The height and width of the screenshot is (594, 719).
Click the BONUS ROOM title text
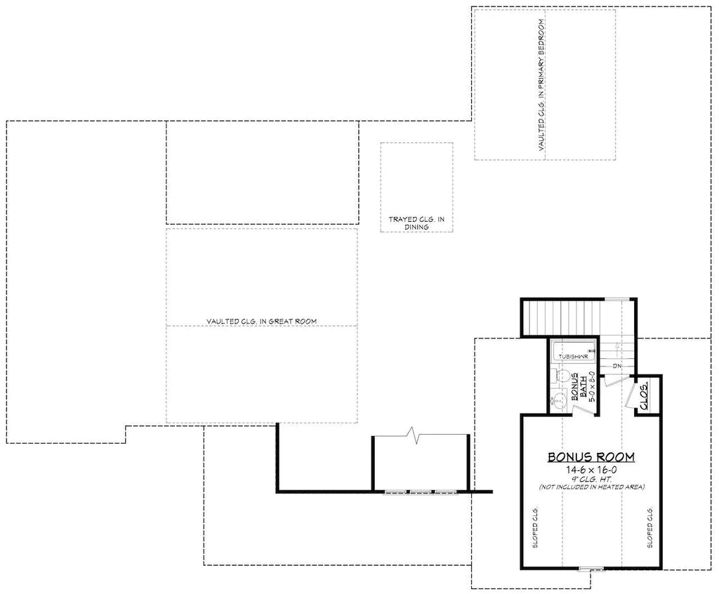pyautogui.click(x=591, y=457)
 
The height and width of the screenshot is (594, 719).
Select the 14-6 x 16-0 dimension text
pyautogui.click(x=591, y=469)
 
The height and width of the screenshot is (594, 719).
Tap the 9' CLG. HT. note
pyautogui.click(x=591, y=478)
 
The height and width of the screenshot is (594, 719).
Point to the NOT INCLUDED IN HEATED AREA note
pyautogui.click(x=591, y=487)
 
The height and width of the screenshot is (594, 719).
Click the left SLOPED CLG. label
pyautogui.click(x=535, y=526)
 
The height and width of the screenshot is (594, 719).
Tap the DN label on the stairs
pyautogui.click(x=616, y=366)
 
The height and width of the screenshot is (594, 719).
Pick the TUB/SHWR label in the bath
pyautogui.click(x=572, y=356)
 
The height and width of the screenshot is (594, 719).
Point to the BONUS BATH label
pyautogui.click(x=579, y=387)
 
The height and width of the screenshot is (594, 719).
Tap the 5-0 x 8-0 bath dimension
pyautogui.click(x=593, y=386)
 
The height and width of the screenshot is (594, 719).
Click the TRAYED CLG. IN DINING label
pyautogui.click(x=416, y=223)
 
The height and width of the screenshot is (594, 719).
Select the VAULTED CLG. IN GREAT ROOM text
pyautogui.click(x=261, y=321)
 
